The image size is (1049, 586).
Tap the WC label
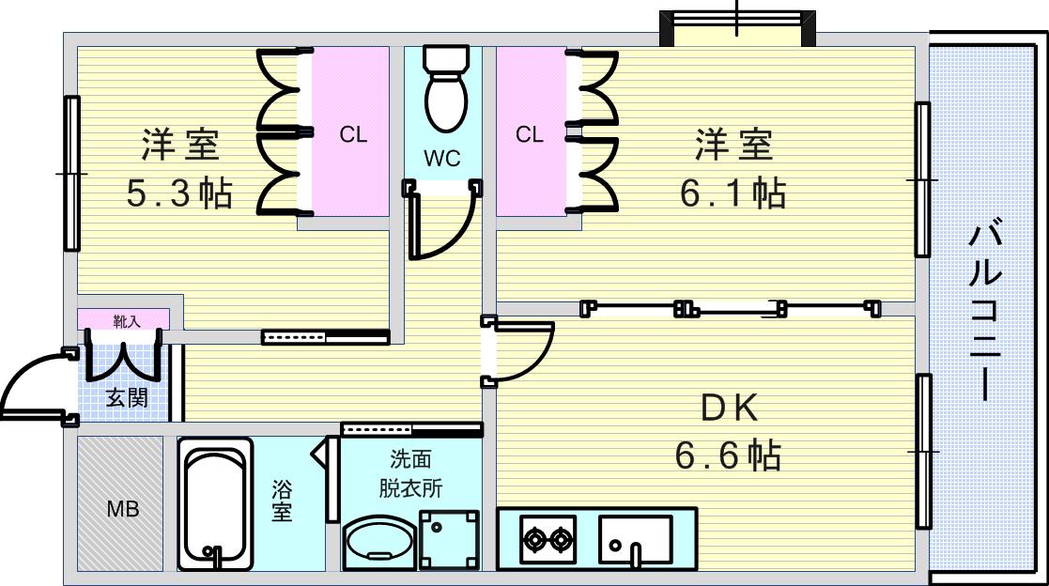click(x=441, y=159)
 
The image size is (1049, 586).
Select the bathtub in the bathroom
click(x=215, y=503)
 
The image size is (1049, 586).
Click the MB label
click(x=123, y=509)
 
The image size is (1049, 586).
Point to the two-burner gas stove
click(x=548, y=538)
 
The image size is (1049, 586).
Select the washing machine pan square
click(x=450, y=540)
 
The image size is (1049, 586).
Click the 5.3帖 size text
click(x=179, y=193)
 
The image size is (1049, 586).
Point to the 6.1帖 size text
click(x=733, y=193)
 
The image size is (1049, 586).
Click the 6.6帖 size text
click(x=728, y=455)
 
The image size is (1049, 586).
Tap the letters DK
click(x=729, y=408)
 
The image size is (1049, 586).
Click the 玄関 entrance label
click(x=127, y=398)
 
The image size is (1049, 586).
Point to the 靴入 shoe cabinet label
click(x=127, y=321)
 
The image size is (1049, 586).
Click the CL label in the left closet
click(x=353, y=134)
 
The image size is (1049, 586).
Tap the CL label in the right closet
click(x=529, y=134)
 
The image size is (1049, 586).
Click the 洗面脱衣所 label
click(x=410, y=473)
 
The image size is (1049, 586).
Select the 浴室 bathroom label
click(x=282, y=501)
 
